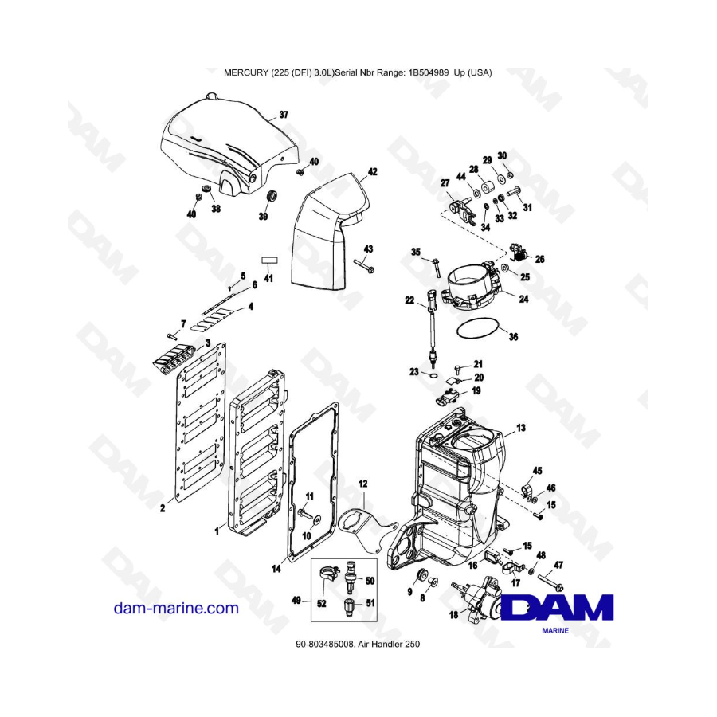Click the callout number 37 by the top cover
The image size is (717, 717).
[x=284, y=114]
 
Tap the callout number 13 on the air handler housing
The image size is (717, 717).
[x=521, y=428]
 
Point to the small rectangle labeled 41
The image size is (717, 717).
[x=269, y=261]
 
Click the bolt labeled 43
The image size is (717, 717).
[x=364, y=265]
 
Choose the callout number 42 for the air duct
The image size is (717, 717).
[x=373, y=171]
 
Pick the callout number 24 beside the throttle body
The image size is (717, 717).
[x=523, y=299]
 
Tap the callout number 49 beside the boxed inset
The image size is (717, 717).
[x=296, y=600]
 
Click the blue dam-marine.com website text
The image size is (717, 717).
[x=176, y=608]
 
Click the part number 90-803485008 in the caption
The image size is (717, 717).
[x=325, y=644]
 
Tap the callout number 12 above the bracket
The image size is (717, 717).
[x=362, y=484]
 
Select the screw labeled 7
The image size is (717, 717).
[x=171, y=337]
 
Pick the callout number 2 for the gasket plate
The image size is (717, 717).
[x=163, y=508]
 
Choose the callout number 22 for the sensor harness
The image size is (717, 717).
[x=409, y=300]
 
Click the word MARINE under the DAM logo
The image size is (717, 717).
[x=555, y=631]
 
